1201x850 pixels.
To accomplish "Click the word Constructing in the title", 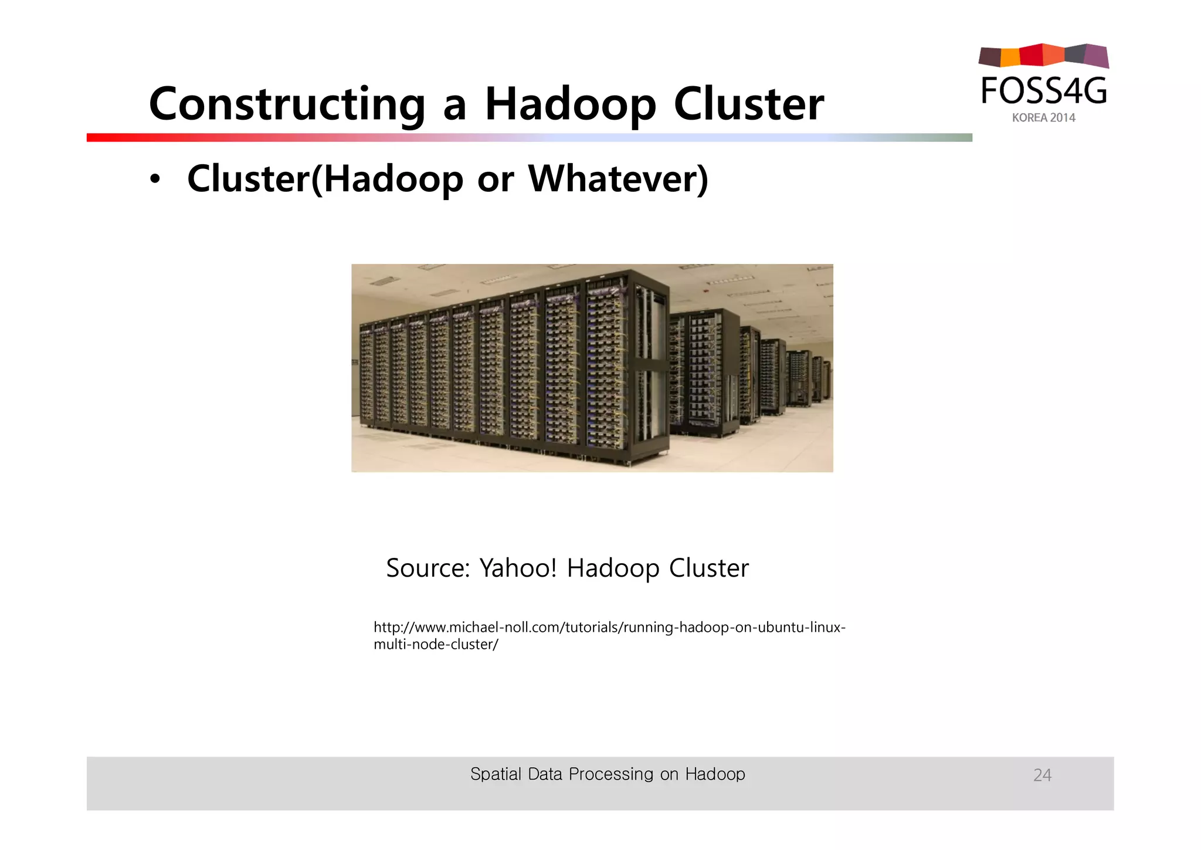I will pyautogui.click(x=287, y=104).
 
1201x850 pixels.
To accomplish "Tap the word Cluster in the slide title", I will pyautogui.click(x=748, y=104).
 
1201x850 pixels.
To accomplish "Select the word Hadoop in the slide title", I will pyautogui.click(x=570, y=104).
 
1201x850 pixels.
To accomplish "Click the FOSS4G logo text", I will pyautogui.click(x=1044, y=91).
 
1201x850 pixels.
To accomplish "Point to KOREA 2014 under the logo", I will pyautogui.click(x=1043, y=118).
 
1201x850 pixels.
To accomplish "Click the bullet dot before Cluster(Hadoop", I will pyautogui.click(x=154, y=180).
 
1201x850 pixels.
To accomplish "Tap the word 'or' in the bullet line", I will pyautogui.click(x=496, y=180).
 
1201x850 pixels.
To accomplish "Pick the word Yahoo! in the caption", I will pyautogui.click(x=517, y=568).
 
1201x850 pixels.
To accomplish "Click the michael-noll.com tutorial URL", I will pyautogui.click(x=609, y=635).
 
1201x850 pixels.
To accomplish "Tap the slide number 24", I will pyautogui.click(x=1042, y=775).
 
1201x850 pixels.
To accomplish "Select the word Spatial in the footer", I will pyautogui.click(x=496, y=774).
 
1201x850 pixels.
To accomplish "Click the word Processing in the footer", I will pyautogui.click(x=610, y=774).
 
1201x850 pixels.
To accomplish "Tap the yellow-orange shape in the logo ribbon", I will pyautogui.click(x=1010, y=57).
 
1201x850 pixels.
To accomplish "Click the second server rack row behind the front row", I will pyautogui.click(x=704, y=372).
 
